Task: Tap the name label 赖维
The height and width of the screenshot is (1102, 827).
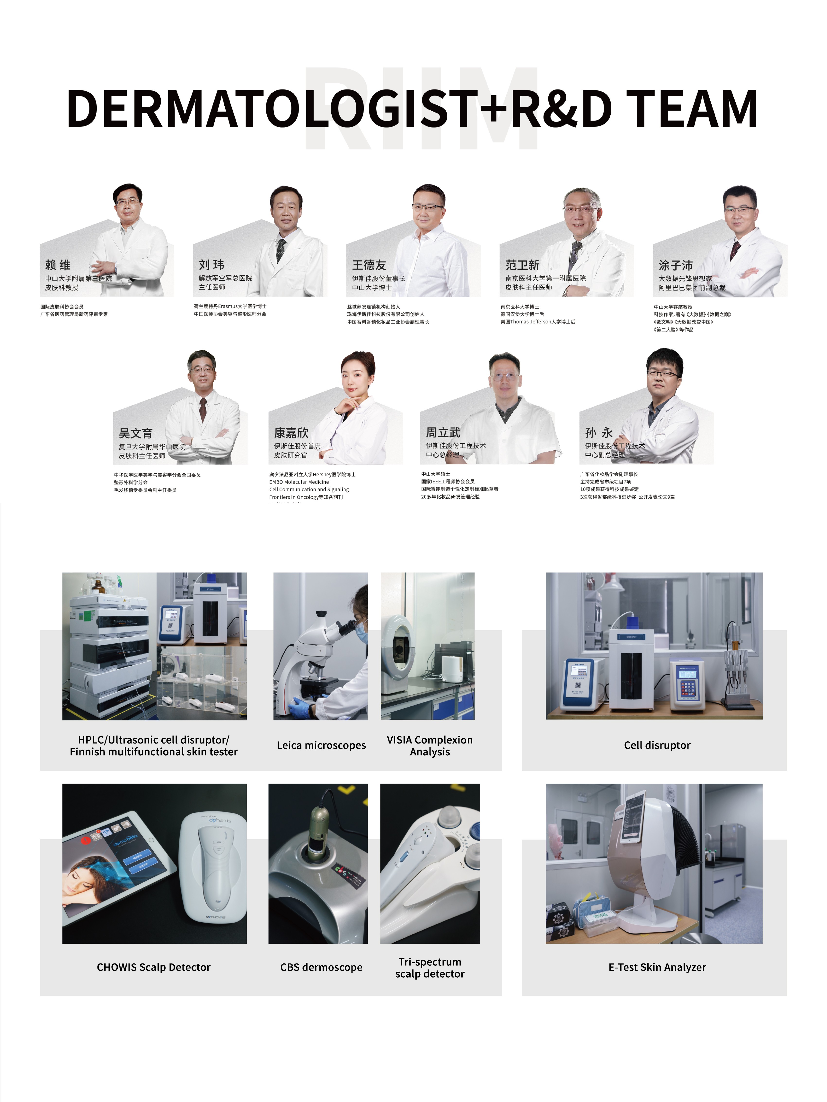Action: coord(58,264)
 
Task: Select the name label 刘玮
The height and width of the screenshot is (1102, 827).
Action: coord(211,264)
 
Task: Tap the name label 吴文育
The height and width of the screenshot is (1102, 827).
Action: coord(135,433)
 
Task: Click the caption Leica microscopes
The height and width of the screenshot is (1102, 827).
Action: coord(321,745)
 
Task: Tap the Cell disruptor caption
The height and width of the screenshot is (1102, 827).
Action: coord(657,745)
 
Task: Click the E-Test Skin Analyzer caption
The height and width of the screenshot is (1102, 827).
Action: coord(657,967)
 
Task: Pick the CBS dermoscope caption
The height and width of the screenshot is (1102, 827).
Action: coord(321,967)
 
